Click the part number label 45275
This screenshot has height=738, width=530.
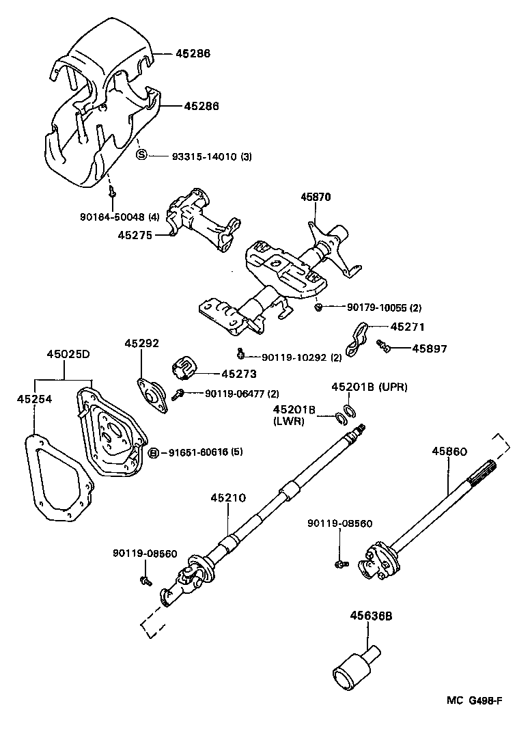coord(135,234)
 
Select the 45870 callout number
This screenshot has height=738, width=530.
coord(316,197)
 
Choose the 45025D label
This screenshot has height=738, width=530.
coord(68,354)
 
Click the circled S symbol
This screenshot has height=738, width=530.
coord(141,156)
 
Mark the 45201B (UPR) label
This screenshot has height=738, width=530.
coord(369,387)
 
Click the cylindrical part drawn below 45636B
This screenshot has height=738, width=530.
coord(350,671)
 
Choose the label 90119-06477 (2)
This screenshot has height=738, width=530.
coord(232,393)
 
